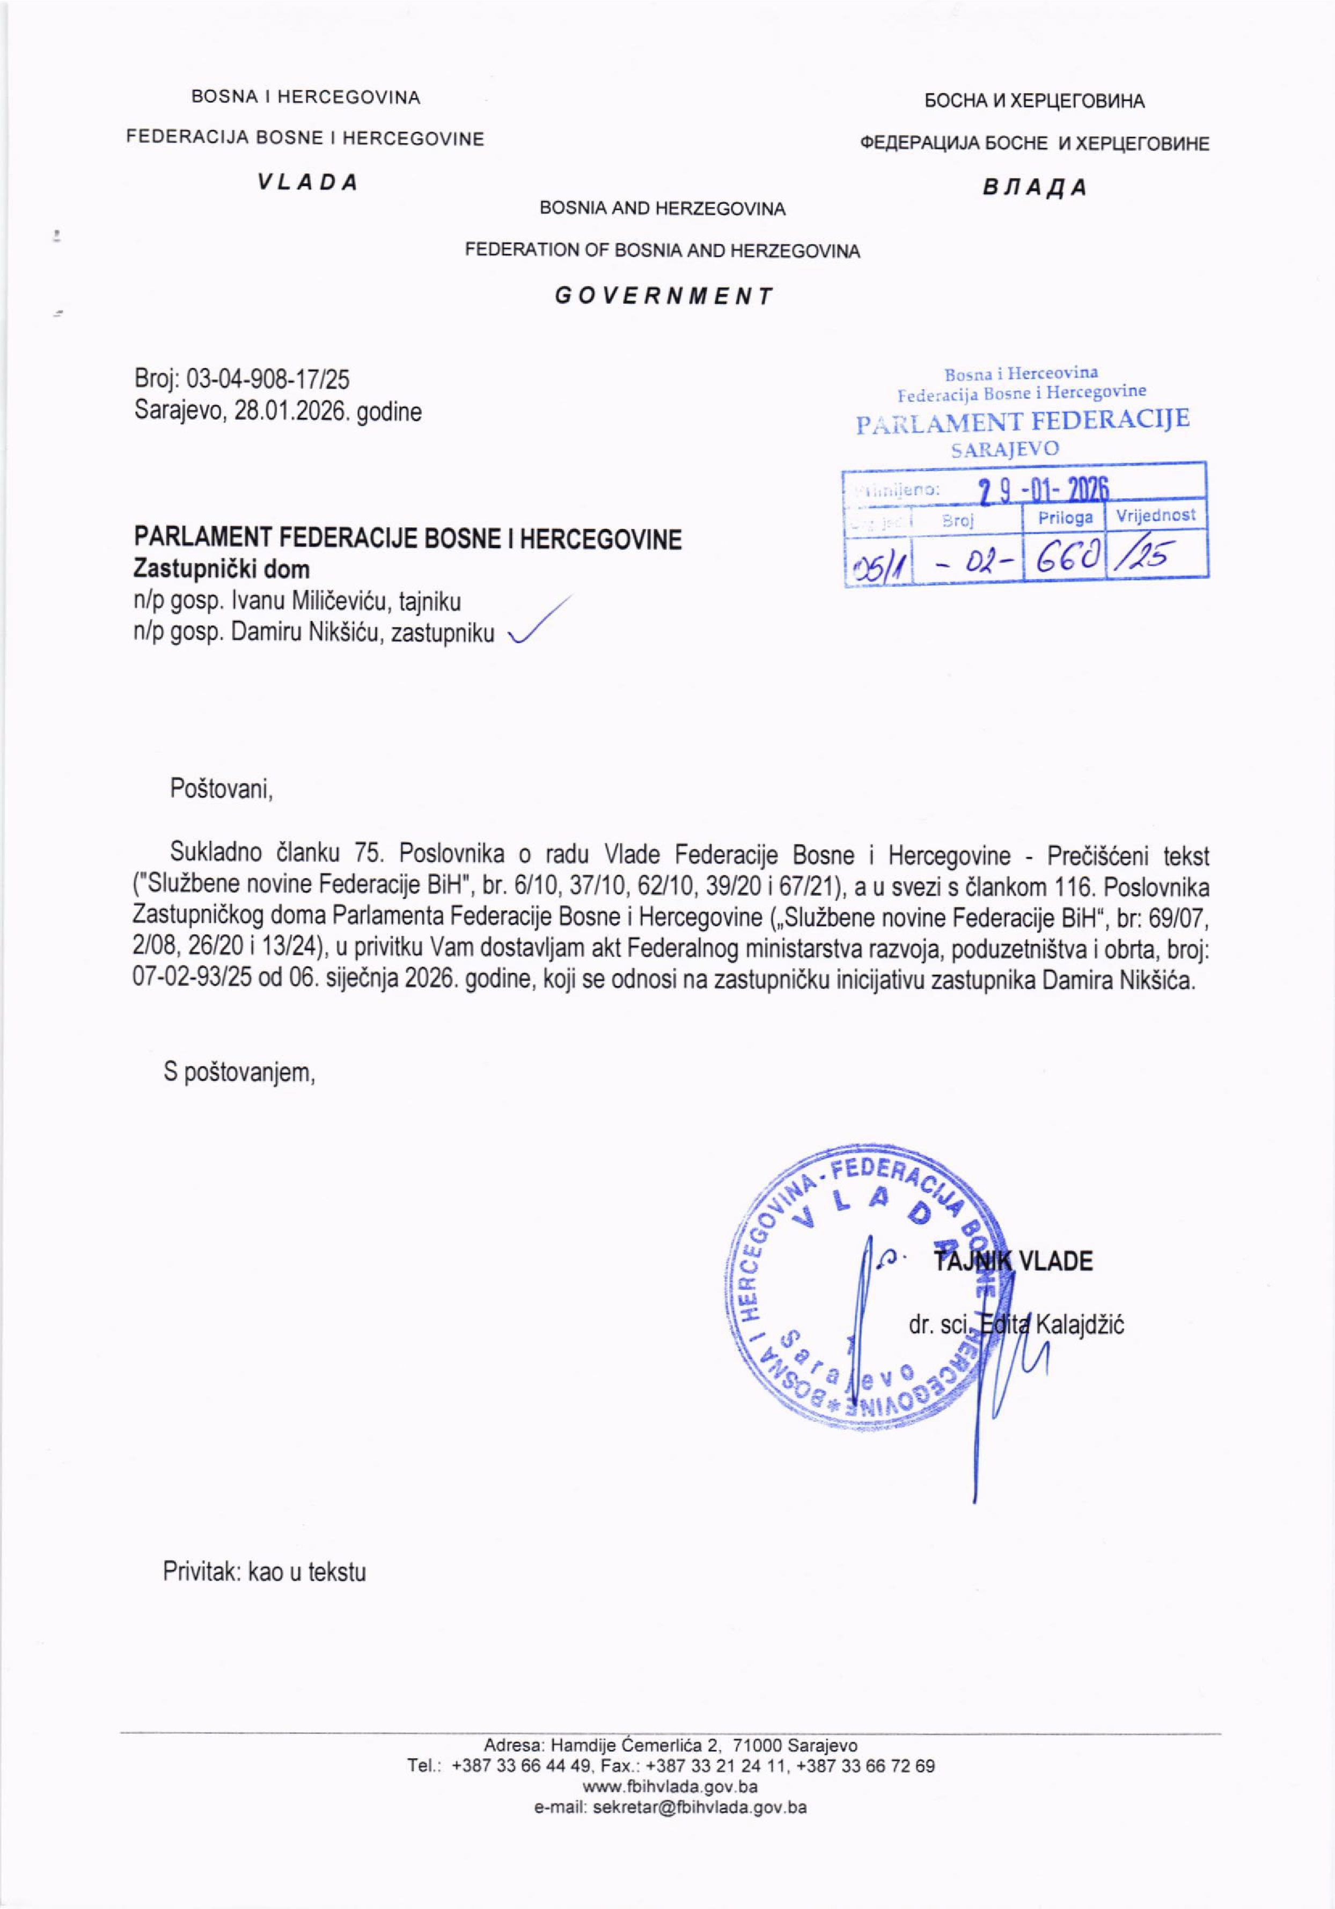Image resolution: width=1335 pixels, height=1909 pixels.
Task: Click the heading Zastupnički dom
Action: click(x=222, y=571)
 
